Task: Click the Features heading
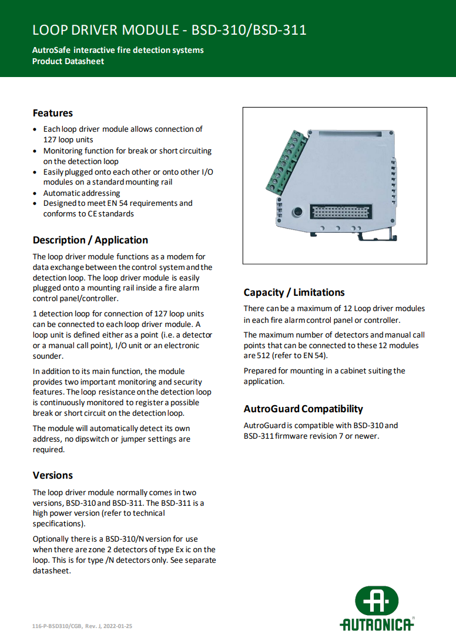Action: point(53,113)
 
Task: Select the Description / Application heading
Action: point(90,240)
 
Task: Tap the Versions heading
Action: point(53,475)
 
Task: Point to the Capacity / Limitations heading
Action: point(294,292)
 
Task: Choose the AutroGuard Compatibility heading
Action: point(303,409)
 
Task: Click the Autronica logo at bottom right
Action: point(377,608)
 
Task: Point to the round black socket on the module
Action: point(298,212)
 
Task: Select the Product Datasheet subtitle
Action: point(68,61)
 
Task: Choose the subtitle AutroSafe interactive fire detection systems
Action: point(118,50)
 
